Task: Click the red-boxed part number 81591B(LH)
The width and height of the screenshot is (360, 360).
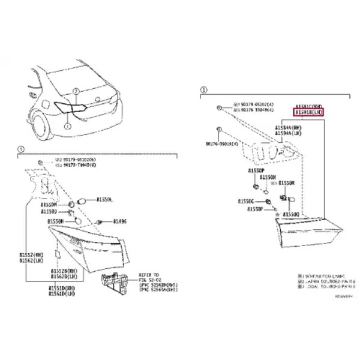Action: (308, 112)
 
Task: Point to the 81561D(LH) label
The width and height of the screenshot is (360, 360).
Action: (62, 293)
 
